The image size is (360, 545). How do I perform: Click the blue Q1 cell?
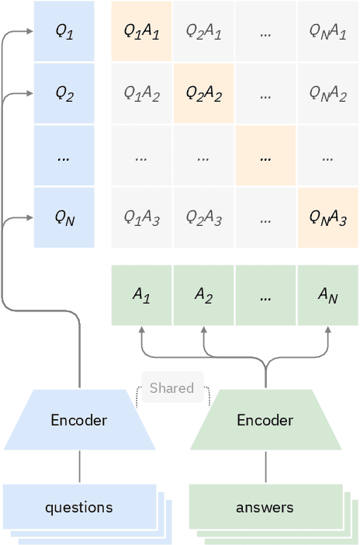click(x=64, y=31)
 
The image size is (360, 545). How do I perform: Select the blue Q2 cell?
click(x=64, y=93)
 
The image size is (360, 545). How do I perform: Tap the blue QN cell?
click(x=64, y=217)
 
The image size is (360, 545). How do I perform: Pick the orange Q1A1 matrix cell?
click(x=141, y=31)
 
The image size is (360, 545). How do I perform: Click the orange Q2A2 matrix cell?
click(x=203, y=93)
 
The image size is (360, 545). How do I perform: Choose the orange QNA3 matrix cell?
click(x=327, y=217)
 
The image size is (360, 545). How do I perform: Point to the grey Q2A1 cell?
click(x=203, y=31)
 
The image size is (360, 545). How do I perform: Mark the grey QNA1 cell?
click(x=327, y=31)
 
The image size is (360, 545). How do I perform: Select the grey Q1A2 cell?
click(x=141, y=93)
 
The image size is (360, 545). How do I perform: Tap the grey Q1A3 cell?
click(x=141, y=217)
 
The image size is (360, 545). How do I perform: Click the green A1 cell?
click(x=141, y=295)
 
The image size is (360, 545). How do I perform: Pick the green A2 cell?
click(x=203, y=295)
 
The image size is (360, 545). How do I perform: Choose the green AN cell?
click(x=327, y=295)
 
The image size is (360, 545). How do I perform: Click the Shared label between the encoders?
click(x=171, y=388)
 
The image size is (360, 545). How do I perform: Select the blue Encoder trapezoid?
click(x=79, y=420)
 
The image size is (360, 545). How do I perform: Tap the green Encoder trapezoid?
click(x=265, y=420)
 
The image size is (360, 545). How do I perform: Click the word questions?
click(x=78, y=508)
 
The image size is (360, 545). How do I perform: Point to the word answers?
click(x=265, y=508)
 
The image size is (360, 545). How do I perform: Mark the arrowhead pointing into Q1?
click(x=29, y=32)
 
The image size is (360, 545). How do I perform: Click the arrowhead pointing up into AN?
click(x=327, y=330)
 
